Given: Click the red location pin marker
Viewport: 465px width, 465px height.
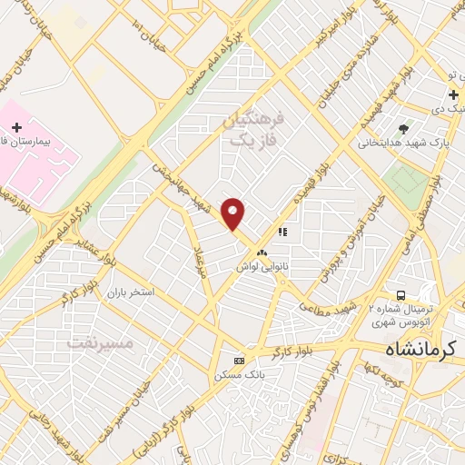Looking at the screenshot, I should pos(233,213).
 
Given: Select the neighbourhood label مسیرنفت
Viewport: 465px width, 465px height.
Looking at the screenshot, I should pos(101,343).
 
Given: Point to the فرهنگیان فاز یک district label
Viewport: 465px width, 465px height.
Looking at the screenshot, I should pos(253,130).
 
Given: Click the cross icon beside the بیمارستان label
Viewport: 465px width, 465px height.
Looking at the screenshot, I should pos(15,126).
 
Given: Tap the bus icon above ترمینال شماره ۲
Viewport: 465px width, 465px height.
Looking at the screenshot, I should pos(401,295).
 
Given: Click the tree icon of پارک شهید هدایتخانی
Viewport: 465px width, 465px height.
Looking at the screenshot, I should pos(403,128).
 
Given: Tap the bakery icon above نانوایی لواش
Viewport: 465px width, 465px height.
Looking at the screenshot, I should pos(262,252).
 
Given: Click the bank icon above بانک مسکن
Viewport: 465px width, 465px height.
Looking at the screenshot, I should pos(238,360).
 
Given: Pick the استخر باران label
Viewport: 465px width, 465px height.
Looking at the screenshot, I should pos(130,292).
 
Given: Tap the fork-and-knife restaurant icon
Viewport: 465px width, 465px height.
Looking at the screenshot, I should pos(283,232).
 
